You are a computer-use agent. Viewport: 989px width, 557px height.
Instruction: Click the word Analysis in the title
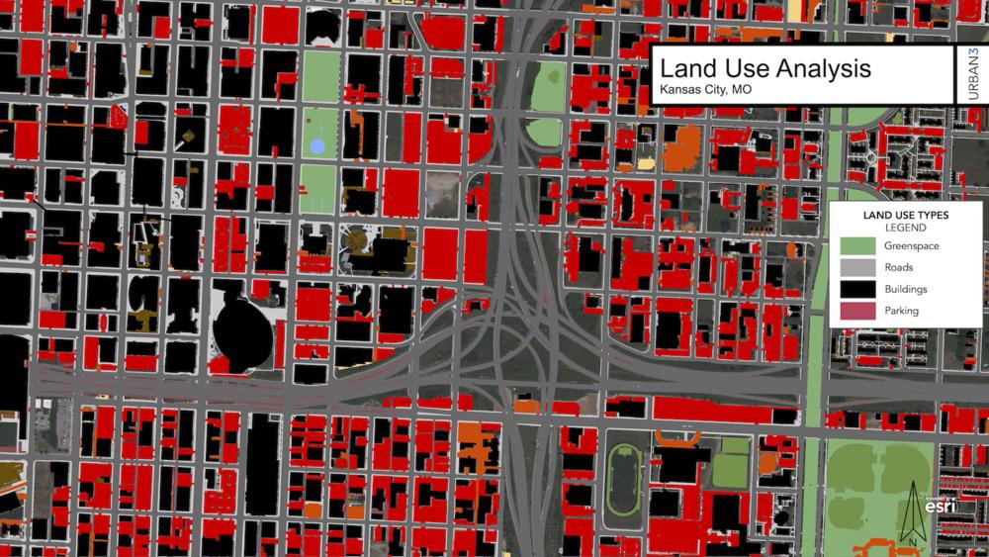coord(820,69)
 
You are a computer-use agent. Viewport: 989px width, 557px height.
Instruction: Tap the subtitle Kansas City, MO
coord(705,90)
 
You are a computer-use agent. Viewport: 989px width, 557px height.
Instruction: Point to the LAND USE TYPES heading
coord(905,214)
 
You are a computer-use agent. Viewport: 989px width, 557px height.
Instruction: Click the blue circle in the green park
coord(317,146)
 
